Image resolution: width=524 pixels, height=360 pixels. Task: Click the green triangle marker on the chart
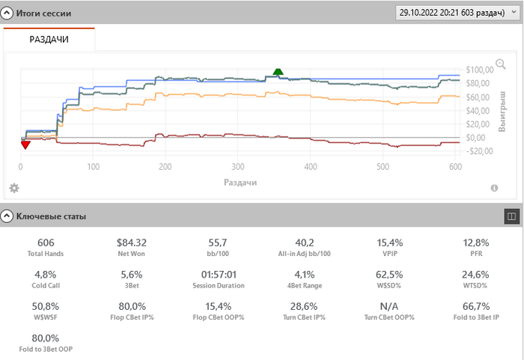(278, 72)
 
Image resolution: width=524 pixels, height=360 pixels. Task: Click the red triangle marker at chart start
(25, 144)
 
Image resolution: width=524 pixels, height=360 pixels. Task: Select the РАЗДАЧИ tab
(49, 39)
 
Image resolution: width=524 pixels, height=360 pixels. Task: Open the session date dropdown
(456, 13)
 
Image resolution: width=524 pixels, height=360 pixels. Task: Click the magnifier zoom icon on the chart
(500, 64)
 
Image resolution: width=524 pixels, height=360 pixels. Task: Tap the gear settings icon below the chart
(13, 188)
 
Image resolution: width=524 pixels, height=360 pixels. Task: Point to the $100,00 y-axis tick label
(478, 70)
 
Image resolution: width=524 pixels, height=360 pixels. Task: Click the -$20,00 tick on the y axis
(478, 150)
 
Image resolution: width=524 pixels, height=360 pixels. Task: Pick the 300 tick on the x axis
(237, 166)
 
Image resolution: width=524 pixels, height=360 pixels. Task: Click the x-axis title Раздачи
(240, 182)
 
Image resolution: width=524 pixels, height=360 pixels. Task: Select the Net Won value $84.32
(132, 242)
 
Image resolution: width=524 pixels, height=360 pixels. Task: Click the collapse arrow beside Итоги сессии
(8, 13)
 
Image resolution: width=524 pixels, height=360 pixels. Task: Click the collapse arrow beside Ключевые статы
(8, 216)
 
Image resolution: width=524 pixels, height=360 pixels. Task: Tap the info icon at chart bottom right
(494, 188)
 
